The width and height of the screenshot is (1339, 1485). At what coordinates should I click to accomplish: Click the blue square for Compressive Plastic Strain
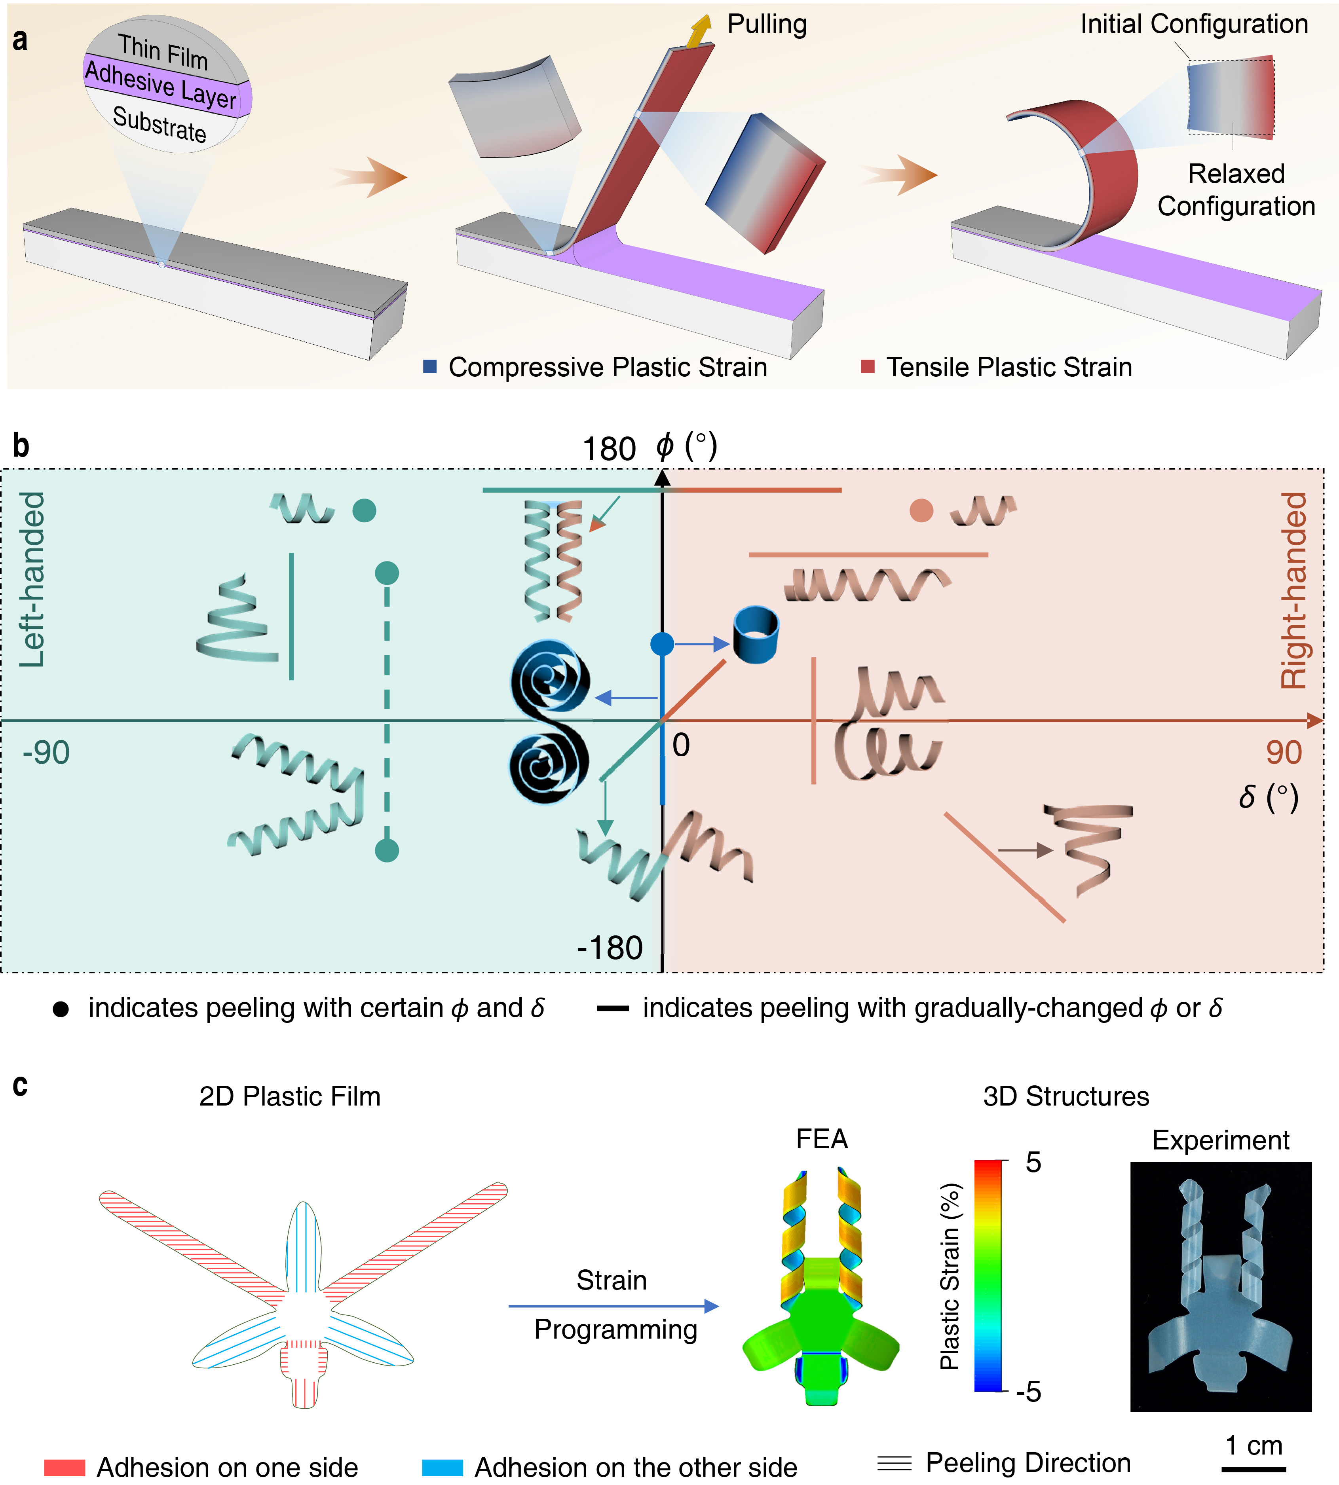pyautogui.click(x=430, y=366)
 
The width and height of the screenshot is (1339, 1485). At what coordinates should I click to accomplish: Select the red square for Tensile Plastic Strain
pyautogui.click(x=868, y=366)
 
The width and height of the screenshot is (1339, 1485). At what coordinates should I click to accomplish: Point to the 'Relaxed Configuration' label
pyautogui.click(x=1236, y=190)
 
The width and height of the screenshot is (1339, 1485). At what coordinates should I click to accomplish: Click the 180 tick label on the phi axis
pyautogui.click(x=608, y=449)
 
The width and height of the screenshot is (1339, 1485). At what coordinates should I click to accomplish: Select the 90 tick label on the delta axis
pyautogui.click(x=1284, y=753)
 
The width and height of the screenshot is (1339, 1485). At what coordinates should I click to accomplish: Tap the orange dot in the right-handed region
pyautogui.click(x=921, y=510)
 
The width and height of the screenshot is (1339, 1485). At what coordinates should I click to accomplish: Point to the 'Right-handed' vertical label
pyautogui.click(x=1293, y=591)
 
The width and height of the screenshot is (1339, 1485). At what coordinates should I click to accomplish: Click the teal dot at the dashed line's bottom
pyautogui.click(x=387, y=851)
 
